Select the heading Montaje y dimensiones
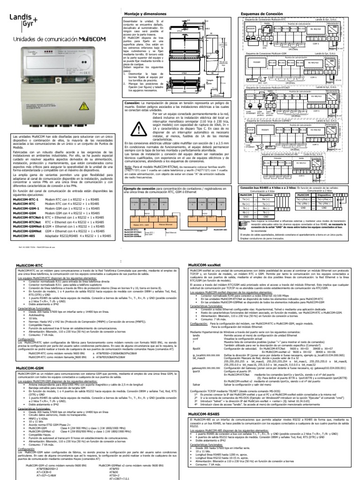point(144,15)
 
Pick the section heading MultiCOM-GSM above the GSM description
point(30,355)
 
